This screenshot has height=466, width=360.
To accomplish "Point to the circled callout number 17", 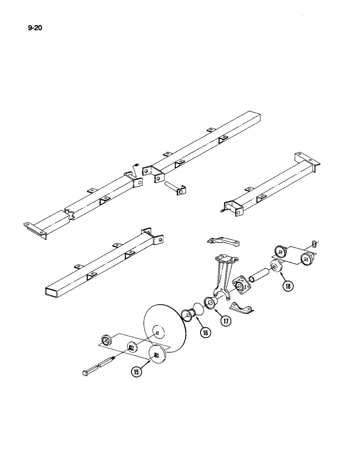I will pos(226,320).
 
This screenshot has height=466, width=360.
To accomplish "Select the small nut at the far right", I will pos(315,243).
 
